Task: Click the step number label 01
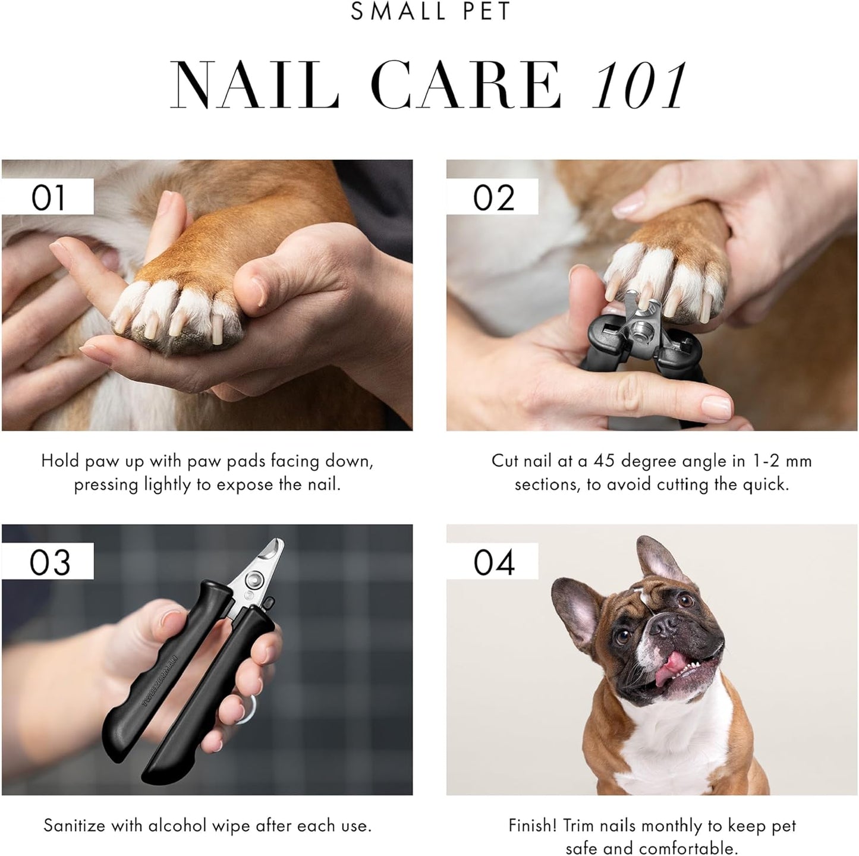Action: click(x=48, y=197)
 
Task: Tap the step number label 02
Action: click(x=493, y=197)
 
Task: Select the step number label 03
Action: click(x=49, y=562)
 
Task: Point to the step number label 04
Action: click(x=493, y=562)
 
